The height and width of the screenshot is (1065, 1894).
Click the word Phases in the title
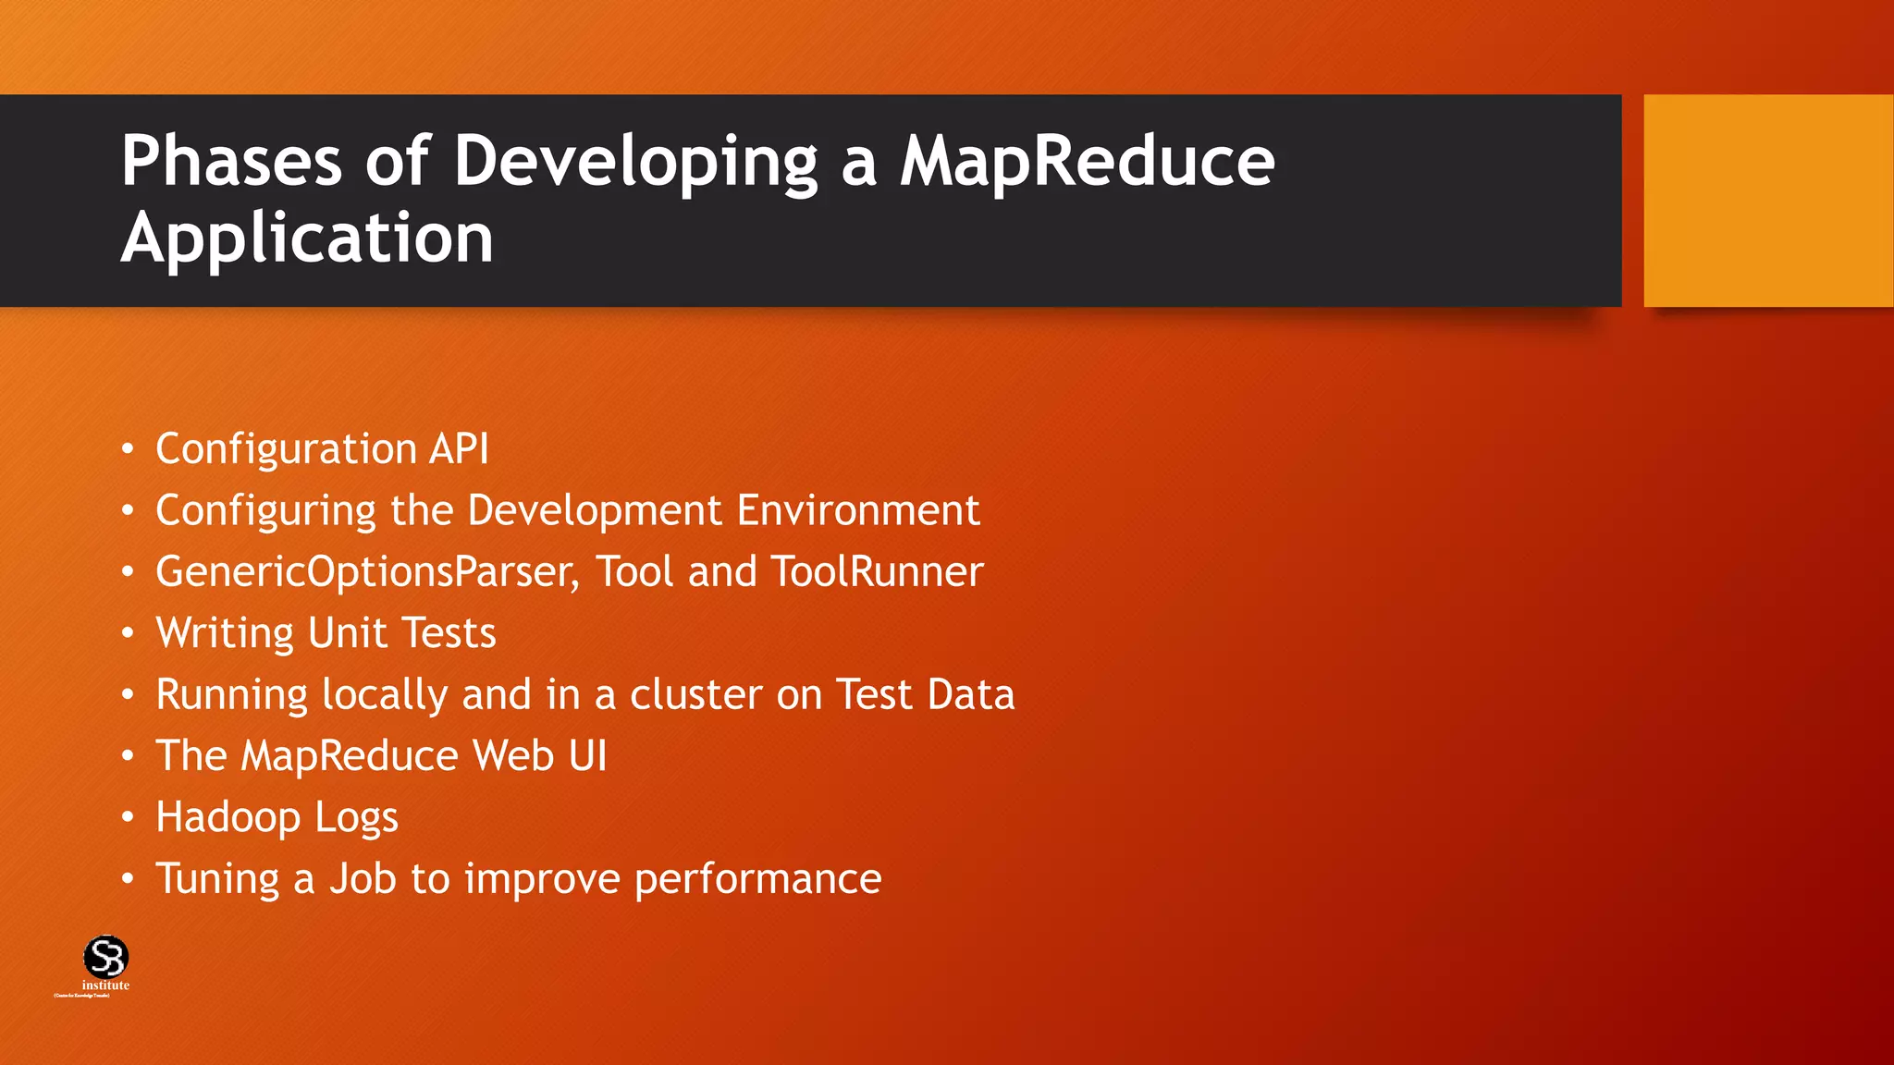coord(231,161)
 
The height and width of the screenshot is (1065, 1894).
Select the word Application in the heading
coord(307,239)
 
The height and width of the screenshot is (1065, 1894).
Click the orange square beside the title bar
coord(1767,200)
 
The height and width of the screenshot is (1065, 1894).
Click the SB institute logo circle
coord(105,957)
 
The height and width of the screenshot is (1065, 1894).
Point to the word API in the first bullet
coord(459,449)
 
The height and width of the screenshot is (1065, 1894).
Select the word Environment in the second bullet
coord(857,510)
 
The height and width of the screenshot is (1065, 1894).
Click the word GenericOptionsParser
coord(367,572)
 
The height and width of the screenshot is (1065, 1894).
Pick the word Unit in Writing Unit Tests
coord(347,633)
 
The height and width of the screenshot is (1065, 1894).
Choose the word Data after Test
coord(971,694)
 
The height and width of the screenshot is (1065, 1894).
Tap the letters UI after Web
coord(587,756)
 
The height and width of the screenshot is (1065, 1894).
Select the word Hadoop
coord(228,818)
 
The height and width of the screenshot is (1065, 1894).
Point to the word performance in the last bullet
coord(757,879)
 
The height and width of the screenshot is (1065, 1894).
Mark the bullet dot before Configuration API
coord(128,450)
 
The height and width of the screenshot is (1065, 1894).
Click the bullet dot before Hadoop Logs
coord(128,818)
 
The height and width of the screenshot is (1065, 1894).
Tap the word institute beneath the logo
coord(105,985)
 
